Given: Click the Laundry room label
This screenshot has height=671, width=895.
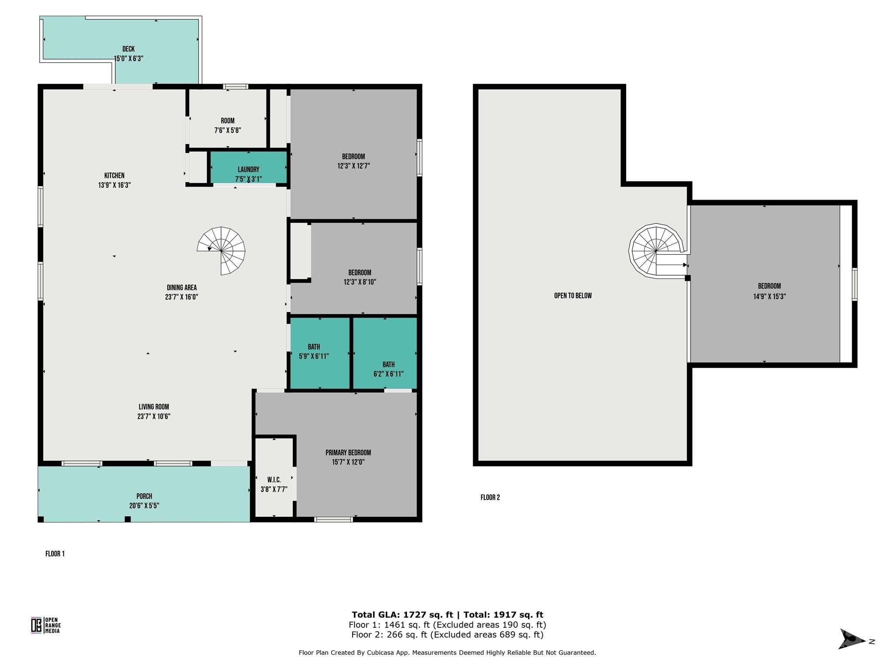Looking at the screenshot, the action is tap(248, 169).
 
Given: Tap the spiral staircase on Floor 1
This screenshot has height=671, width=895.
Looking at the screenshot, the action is tap(221, 251).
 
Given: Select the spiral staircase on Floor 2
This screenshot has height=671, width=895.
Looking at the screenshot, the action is tap(656, 251).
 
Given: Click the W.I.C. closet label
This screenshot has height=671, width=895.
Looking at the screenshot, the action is tap(274, 480).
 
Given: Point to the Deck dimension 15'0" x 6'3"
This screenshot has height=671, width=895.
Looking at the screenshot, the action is tap(128, 59).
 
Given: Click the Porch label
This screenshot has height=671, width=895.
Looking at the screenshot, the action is tap(144, 496).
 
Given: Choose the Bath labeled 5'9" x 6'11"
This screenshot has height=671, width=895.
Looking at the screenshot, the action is tap(314, 352).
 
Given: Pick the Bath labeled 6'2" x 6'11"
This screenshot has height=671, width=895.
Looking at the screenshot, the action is tap(389, 369).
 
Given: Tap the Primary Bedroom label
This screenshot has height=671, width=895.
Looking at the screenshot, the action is tap(348, 453).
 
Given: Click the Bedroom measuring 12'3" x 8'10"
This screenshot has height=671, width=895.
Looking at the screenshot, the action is tap(360, 277).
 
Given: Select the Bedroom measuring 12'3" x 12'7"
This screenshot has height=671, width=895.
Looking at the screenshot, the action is tap(354, 161).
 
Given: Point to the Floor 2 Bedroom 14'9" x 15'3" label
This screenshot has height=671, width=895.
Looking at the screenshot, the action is tap(769, 291).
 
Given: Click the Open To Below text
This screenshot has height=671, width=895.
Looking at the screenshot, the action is tap(573, 296).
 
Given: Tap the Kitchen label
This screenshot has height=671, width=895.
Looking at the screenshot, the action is tap(114, 176).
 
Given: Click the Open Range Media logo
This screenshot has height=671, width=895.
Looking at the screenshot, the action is tap(45, 625).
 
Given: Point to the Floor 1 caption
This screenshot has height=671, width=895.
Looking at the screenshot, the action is tap(55, 554).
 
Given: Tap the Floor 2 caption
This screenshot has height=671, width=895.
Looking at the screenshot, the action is tap(490, 498).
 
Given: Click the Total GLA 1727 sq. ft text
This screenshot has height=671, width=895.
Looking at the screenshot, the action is tap(402, 615).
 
